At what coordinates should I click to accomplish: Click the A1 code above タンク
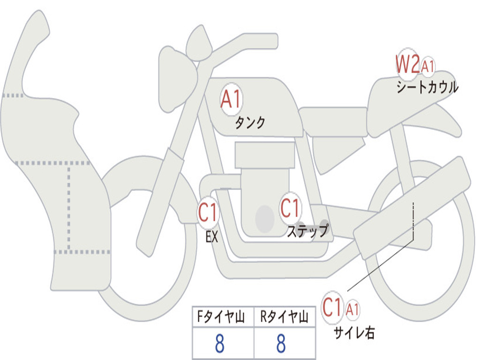click(231, 100)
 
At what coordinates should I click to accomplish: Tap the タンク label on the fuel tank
click(250, 123)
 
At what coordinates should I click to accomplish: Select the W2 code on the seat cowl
click(407, 64)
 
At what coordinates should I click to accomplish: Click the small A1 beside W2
click(427, 67)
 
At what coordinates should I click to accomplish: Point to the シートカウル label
click(427, 88)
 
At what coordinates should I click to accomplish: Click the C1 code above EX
click(208, 214)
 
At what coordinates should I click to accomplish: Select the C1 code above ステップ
click(290, 208)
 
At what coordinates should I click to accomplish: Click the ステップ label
click(307, 231)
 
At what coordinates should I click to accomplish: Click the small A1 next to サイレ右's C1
click(353, 309)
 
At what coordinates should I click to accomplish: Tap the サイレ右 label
click(354, 332)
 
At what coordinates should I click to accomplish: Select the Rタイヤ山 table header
click(284, 318)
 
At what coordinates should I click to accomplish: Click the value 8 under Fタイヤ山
click(219, 344)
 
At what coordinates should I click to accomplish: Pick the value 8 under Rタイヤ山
click(281, 344)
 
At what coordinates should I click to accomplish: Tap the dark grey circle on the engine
click(265, 218)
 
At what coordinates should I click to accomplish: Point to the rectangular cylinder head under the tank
click(265, 155)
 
